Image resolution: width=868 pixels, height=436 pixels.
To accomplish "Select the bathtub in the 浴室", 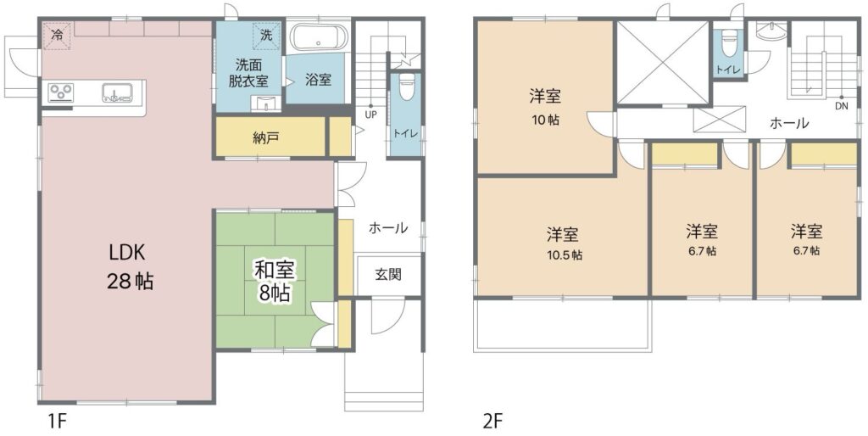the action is point(319,37).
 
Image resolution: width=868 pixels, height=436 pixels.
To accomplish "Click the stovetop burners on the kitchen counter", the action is point(61,92).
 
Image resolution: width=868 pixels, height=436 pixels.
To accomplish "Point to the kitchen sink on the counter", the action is point(116,92).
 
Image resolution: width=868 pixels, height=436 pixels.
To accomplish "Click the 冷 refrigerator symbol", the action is point(57,35).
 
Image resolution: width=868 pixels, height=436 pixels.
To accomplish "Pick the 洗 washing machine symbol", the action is point(266,36).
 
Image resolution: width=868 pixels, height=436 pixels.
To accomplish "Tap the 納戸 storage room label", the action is point(265,138).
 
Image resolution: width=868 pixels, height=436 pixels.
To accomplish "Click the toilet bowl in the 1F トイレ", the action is point(406,87).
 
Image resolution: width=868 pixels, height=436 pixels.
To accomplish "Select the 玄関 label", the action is point(388,274).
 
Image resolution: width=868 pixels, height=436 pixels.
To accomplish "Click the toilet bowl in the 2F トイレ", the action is point(729,43).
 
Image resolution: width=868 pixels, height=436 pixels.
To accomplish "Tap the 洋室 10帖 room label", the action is point(545,107).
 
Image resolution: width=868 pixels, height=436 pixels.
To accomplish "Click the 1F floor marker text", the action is point(54,422).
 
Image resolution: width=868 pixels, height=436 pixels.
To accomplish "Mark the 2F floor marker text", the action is point(492,422).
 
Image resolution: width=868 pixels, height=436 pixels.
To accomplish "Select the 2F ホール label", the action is point(789,123).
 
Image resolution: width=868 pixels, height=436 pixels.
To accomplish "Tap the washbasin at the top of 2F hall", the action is point(771,31).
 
